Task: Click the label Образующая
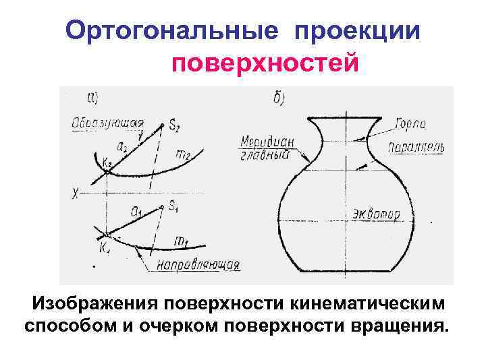[x=107, y=123]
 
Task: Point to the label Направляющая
[x=198, y=264]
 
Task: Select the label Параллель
[x=414, y=147]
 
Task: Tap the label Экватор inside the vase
[x=375, y=215]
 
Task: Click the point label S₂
[x=175, y=125]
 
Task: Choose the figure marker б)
[x=278, y=98]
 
